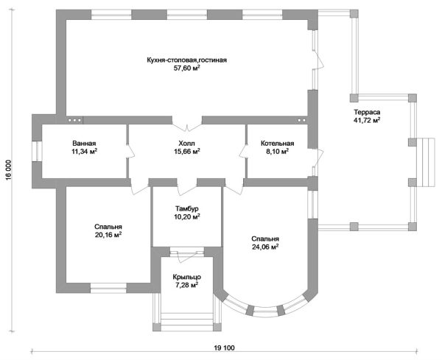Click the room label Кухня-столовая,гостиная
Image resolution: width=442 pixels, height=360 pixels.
[x=186, y=59]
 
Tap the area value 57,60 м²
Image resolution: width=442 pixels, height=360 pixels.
[x=186, y=68]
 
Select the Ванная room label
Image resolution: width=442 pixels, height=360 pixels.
[x=85, y=143]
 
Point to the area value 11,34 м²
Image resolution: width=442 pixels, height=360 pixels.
[x=85, y=152]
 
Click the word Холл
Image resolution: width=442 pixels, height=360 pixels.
[x=186, y=143]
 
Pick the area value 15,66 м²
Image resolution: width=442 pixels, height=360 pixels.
[x=186, y=152]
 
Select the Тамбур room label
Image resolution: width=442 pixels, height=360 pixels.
[x=186, y=208]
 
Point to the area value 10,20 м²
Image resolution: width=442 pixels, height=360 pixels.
[x=186, y=217]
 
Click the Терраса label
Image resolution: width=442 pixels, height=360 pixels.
[x=367, y=111]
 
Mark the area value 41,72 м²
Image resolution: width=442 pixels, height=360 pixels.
[x=367, y=120]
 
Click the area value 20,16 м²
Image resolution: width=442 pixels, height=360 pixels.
[x=108, y=236]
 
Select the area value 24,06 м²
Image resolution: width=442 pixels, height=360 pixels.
[x=264, y=248]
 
